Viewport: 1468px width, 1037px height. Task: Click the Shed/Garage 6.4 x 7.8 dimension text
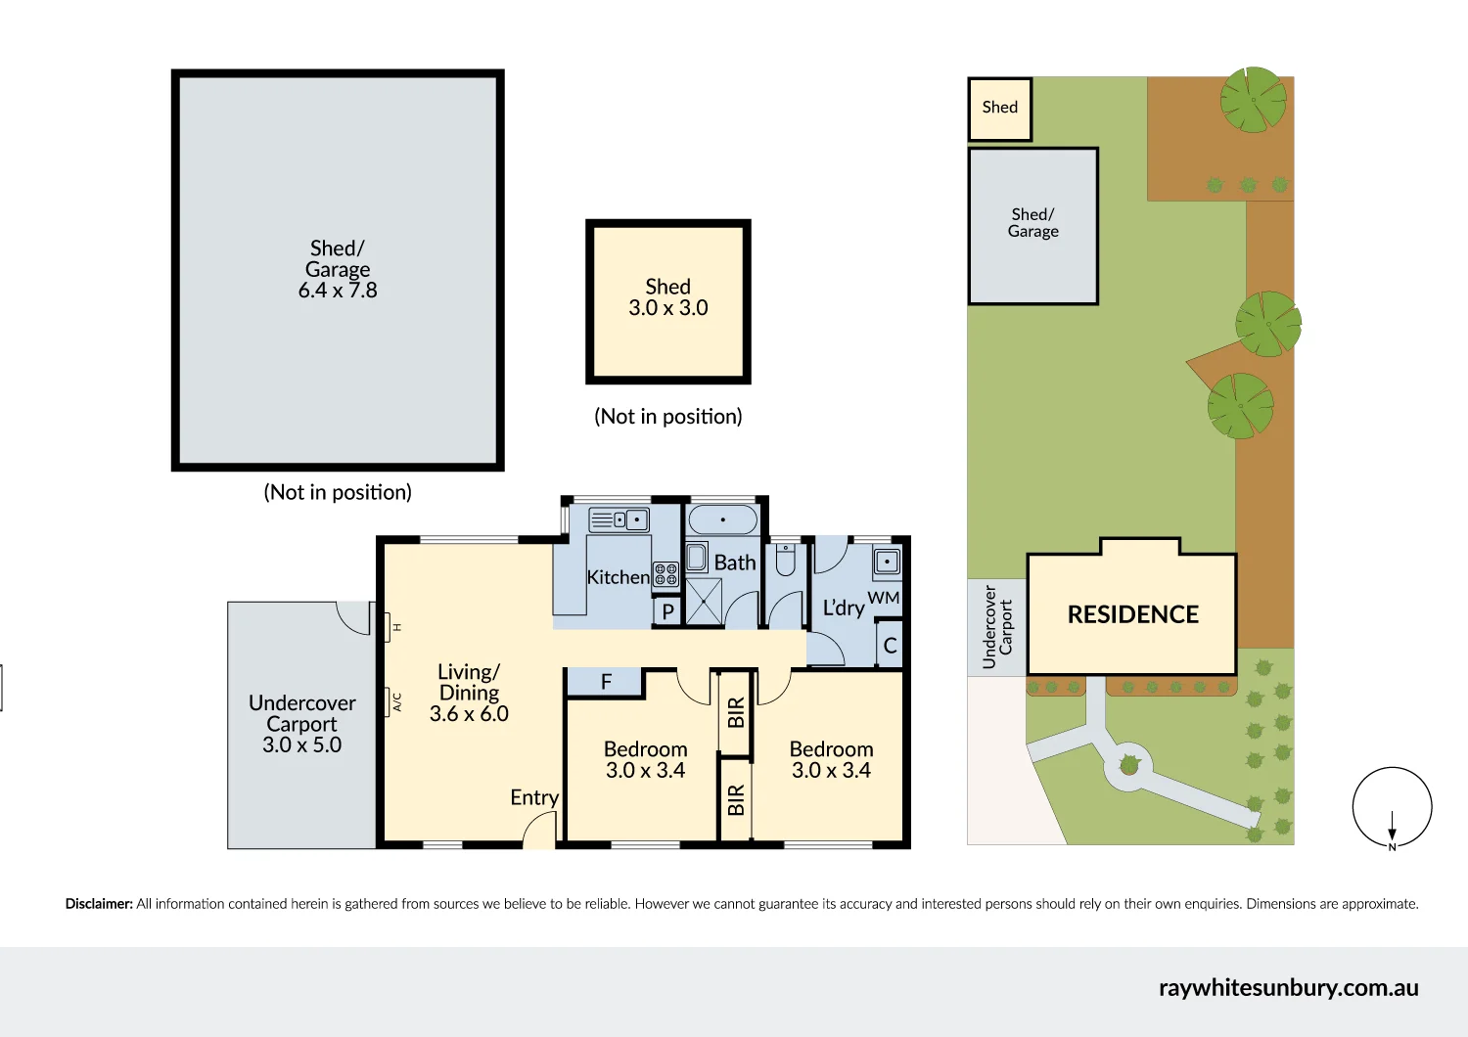338,290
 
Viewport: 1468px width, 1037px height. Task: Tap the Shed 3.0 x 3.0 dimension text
667,307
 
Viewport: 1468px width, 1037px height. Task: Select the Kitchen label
618,577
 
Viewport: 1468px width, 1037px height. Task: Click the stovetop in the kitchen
665,574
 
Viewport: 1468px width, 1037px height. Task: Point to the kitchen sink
619,520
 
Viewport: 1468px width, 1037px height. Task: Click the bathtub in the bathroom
723,519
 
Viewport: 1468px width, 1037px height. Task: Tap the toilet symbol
785,561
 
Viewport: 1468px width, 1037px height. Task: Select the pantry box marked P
667,611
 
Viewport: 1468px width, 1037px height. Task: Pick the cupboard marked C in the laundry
890,646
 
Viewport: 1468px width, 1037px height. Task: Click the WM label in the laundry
884,598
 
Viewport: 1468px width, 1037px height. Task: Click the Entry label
534,797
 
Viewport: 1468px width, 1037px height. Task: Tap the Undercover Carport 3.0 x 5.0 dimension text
302,744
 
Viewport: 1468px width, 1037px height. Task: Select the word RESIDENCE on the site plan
1133,614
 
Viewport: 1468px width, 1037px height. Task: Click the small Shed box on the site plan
1000,109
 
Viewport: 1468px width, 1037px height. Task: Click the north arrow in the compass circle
1392,826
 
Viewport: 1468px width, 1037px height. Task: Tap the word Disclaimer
99,903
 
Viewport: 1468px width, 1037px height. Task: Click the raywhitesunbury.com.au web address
1289,988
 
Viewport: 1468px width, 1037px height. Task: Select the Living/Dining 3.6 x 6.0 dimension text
469,714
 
